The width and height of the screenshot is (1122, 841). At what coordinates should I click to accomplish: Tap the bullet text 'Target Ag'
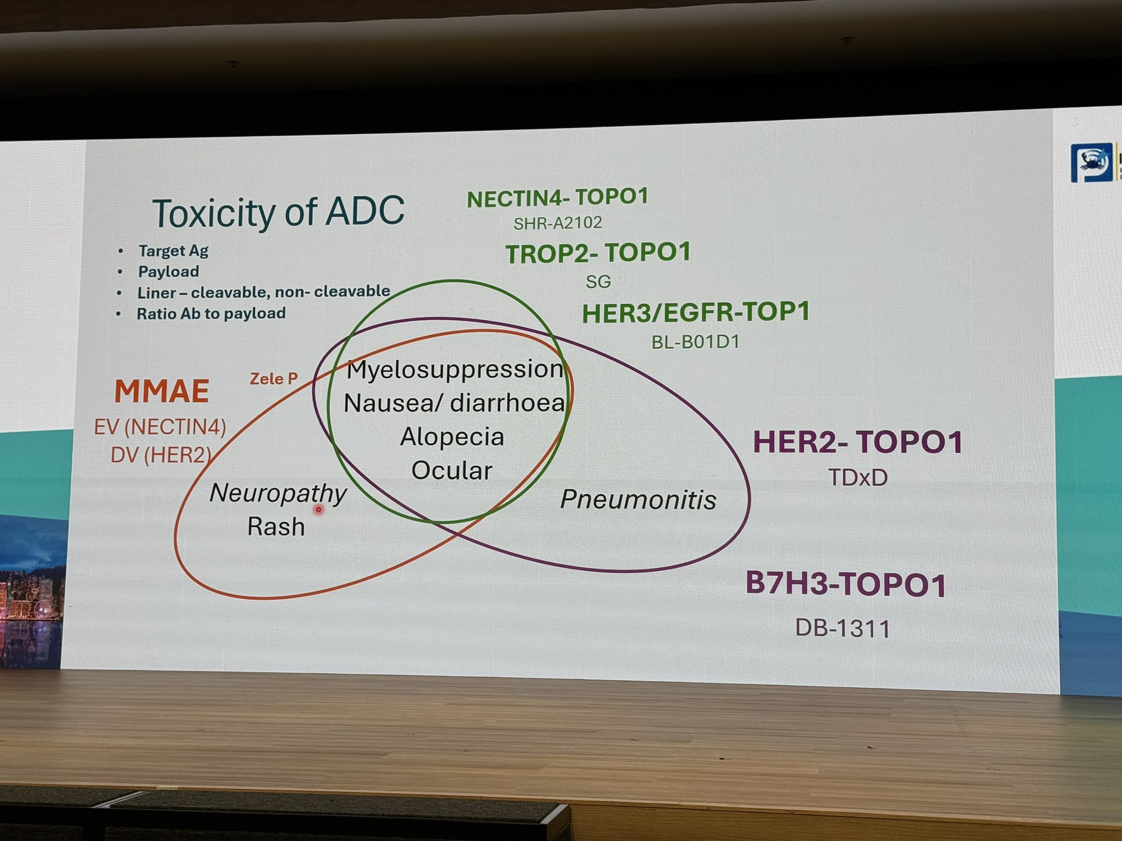pos(173,251)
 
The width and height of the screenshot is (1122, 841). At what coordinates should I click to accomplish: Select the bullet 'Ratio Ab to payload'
pos(211,314)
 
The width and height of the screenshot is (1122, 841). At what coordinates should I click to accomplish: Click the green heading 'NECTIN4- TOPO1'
pos(558,198)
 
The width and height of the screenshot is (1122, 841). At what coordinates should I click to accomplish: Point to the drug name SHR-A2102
pos(558,223)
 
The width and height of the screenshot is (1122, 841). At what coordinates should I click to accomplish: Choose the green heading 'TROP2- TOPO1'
pos(598,254)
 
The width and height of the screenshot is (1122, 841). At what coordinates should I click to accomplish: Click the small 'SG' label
pos(598,281)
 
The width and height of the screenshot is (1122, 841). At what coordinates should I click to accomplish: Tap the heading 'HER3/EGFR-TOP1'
pos(696,313)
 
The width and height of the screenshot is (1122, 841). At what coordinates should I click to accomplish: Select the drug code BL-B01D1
pos(696,342)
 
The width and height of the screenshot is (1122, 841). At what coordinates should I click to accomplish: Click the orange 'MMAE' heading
pos(162,391)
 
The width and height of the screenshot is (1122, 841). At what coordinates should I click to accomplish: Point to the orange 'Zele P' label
pos(274,378)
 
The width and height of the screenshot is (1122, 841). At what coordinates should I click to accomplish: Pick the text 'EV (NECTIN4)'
pos(160,427)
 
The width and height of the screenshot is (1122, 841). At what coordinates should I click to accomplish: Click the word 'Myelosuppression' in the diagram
pos(455,370)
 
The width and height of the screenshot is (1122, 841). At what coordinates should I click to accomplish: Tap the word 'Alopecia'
pos(452,437)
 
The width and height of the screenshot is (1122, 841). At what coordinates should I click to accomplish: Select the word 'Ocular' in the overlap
pos(452,471)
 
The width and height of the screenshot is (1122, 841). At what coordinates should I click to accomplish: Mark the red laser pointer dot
pos(318,510)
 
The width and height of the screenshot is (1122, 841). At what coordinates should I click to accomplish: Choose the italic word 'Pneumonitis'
pos(639,499)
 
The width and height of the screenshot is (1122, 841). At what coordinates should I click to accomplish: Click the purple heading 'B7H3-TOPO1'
pos(846,584)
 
